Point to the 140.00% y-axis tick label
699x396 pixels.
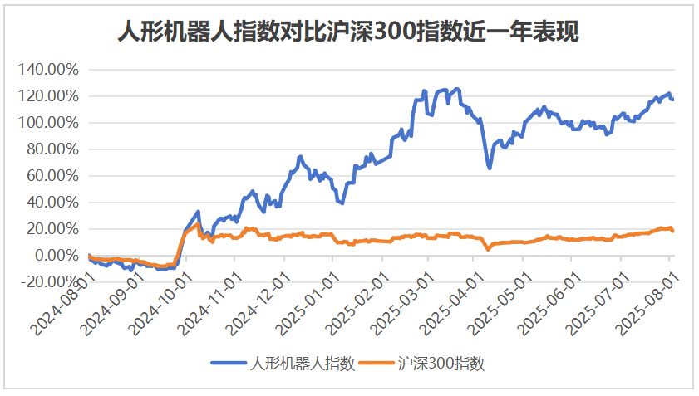48,70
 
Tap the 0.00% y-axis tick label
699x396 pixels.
54,256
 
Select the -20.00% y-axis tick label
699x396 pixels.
48,282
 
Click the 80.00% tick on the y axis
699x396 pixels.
52,149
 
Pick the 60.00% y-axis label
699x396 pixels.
52,176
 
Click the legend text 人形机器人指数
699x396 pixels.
303,363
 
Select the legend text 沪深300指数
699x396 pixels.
441,363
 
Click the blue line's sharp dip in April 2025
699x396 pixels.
490,168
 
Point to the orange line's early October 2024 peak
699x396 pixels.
197,225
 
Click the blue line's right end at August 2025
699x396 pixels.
672,100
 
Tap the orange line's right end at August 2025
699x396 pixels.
672,231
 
